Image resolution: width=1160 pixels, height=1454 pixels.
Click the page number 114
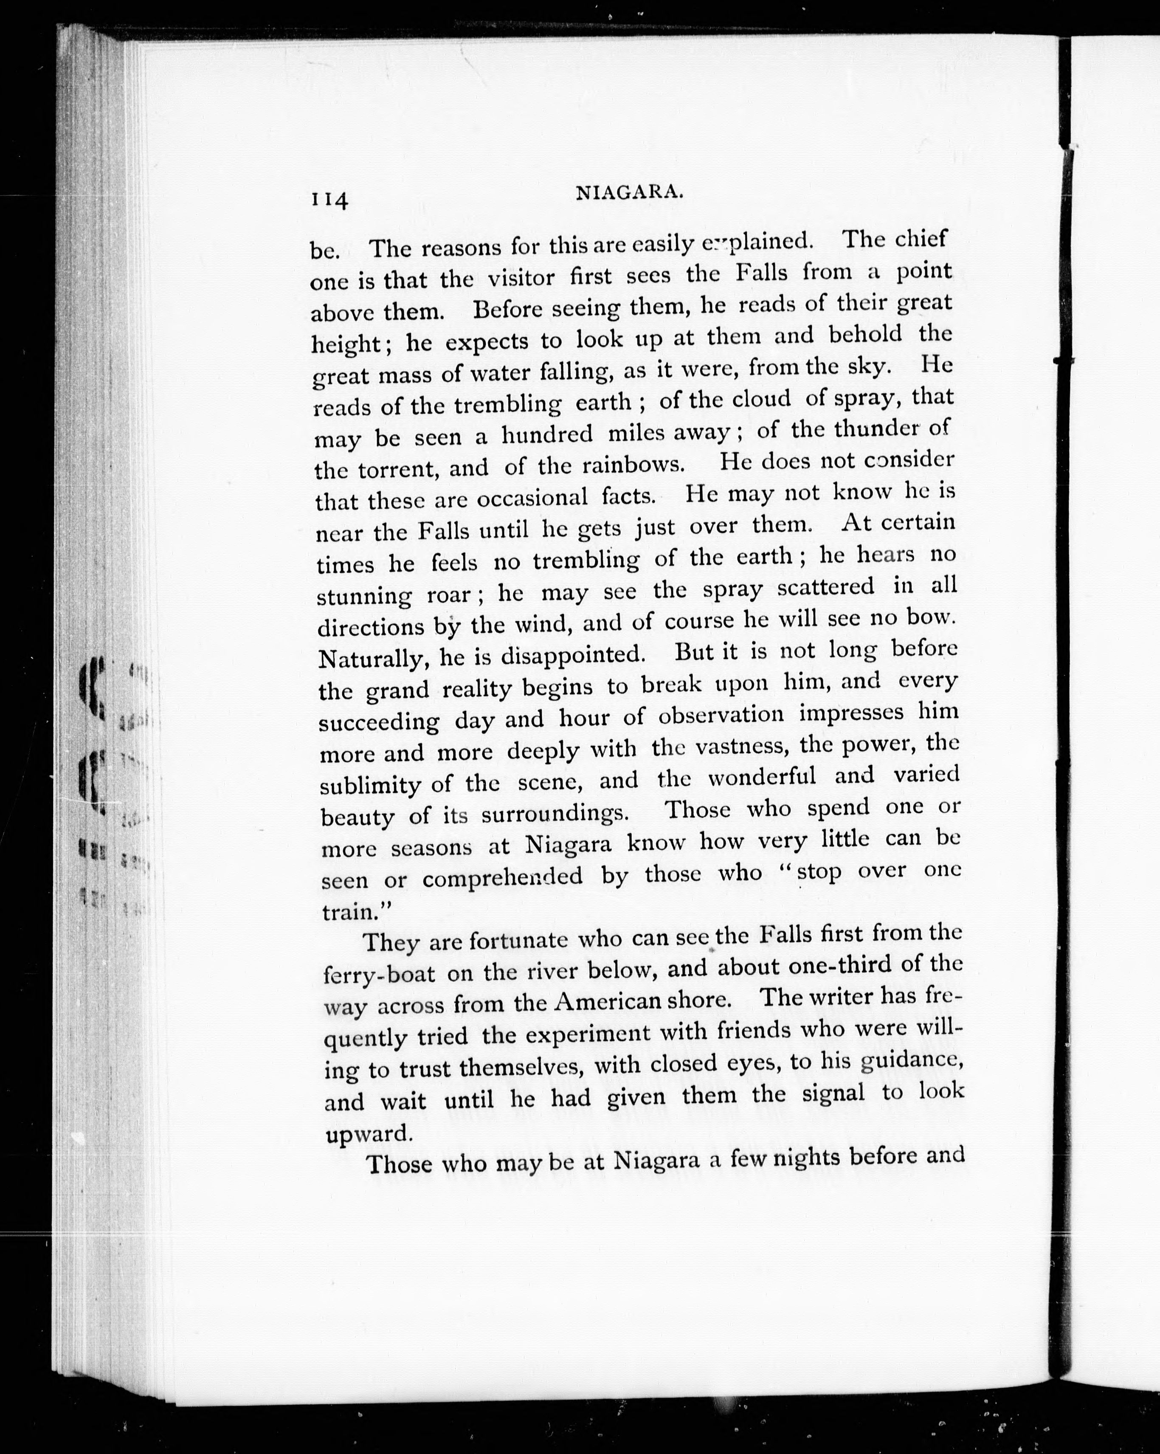[x=329, y=200]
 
